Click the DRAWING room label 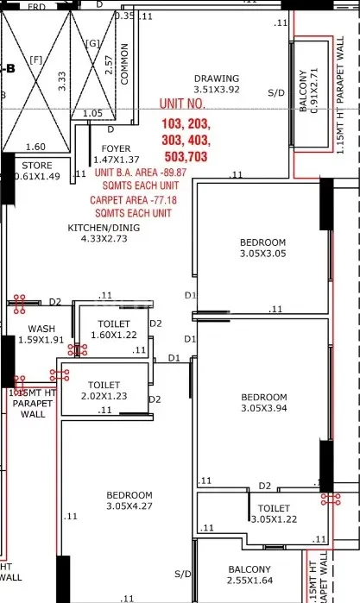tap(217, 79)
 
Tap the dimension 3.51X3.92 tap(217, 90)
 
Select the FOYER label tap(116, 149)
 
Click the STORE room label tap(36, 166)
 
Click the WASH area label tap(41, 329)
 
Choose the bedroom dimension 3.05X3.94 tap(263, 409)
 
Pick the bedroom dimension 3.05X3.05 tap(263, 254)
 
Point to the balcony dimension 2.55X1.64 tap(249, 581)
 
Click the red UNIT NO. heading tap(185, 104)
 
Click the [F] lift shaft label tap(35, 60)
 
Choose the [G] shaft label tap(92, 42)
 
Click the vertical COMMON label tap(124, 64)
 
